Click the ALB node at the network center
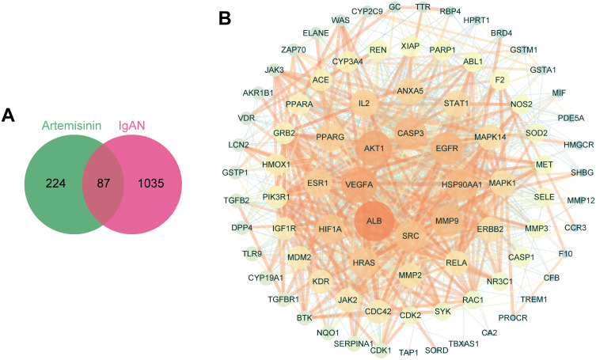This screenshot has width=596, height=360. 374,222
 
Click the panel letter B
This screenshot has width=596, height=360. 225,16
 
